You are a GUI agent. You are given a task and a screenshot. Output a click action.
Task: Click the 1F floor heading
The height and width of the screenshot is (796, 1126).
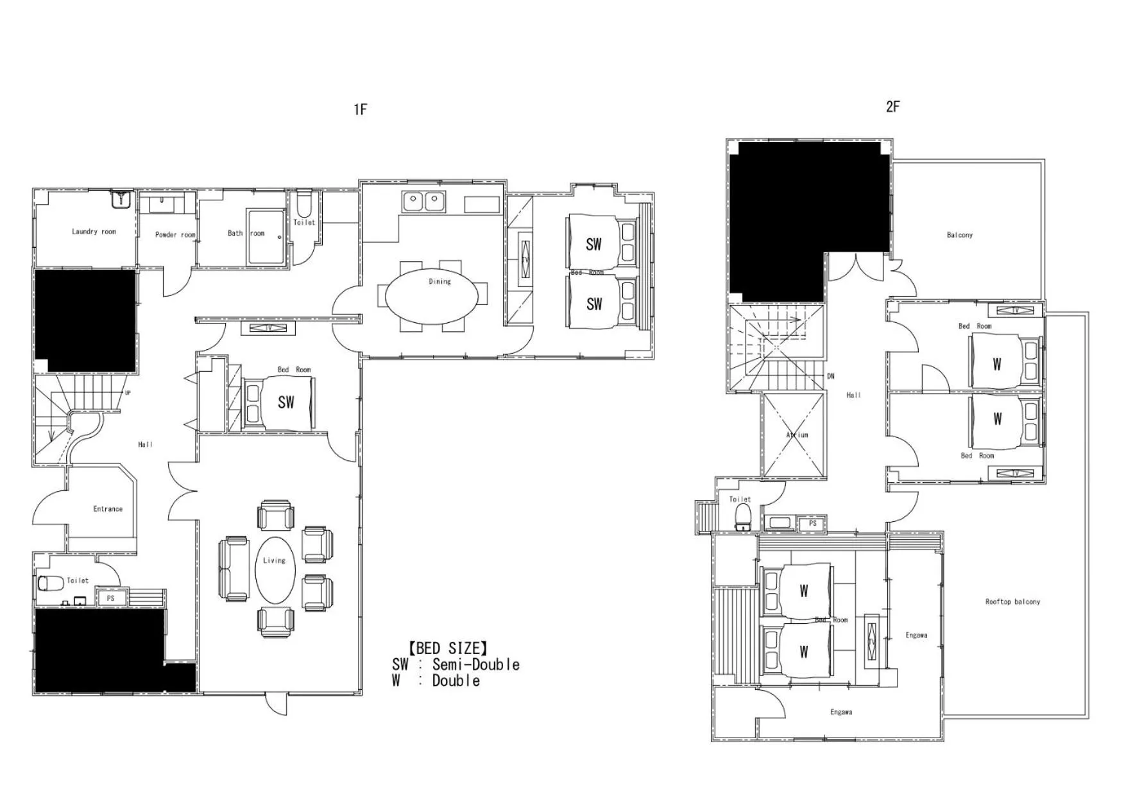click(x=360, y=110)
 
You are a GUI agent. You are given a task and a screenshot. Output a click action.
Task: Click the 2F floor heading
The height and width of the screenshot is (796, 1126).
click(x=892, y=107)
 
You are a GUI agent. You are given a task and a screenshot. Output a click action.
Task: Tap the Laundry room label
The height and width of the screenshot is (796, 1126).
click(x=94, y=232)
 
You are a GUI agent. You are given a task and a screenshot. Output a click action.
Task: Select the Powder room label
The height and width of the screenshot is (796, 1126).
click(x=175, y=235)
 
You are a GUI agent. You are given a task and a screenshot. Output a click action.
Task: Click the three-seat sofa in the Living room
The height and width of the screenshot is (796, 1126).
click(x=234, y=569)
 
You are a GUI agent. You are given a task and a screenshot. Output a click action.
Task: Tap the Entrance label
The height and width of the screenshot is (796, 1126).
click(x=108, y=509)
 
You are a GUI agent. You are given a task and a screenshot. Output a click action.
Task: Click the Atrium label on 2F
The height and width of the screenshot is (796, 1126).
click(x=797, y=435)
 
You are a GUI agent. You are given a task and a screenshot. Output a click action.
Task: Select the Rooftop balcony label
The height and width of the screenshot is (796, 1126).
click(x=1012, y=602)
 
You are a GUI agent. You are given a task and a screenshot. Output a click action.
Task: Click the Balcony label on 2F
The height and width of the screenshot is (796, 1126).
click(x=959, y=236)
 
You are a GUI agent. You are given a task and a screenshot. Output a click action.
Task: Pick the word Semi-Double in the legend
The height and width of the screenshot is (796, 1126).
click(x=475, y=665)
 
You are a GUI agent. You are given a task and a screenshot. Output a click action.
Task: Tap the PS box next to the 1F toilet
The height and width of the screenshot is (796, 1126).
click(x=110, y=598)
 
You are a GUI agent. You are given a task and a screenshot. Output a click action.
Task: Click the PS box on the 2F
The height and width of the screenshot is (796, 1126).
click(x=812, y=524)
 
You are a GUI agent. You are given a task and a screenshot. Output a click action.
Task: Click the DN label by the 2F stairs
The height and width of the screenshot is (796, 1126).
click(x=831, y=376)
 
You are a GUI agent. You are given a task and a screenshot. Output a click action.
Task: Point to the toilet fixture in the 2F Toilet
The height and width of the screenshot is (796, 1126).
click(x=742, y=516)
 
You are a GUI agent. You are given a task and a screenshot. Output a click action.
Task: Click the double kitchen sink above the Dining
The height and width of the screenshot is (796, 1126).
click(x=423, y=202)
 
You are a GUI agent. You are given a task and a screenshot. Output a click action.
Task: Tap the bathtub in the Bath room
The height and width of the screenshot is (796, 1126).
click(x=266, y=236)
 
